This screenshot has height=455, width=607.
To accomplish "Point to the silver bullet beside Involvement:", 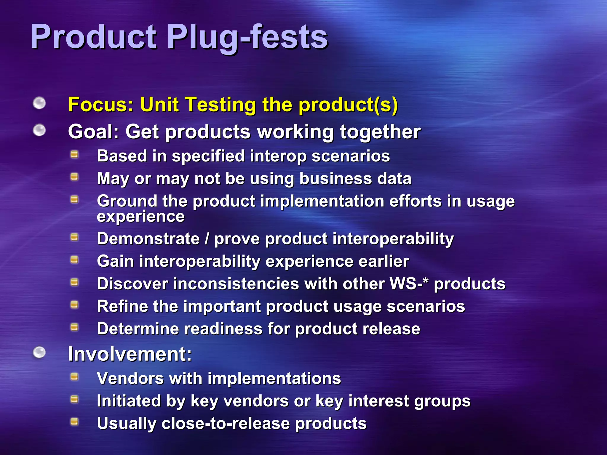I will point(39,353).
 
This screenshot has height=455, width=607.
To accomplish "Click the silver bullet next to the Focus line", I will point(39,103).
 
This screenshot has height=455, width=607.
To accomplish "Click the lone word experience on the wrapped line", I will point(141,216).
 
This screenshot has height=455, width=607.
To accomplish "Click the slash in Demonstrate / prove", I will point(207,239).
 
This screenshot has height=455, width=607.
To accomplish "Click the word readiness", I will point(221,329).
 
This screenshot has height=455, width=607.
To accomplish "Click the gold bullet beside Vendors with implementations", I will point(74,377).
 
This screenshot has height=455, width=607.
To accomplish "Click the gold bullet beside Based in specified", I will point(74,154).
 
